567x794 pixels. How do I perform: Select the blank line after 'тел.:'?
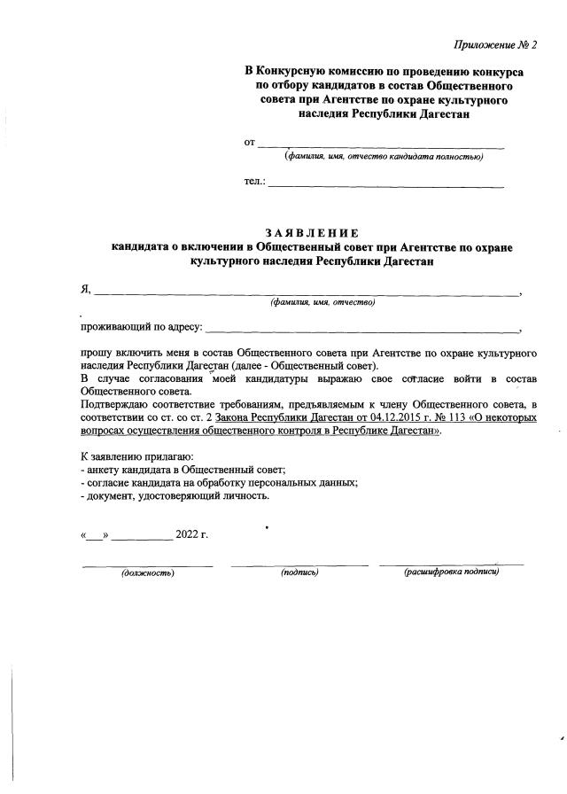[386, 186]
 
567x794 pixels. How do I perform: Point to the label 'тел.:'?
[255, 182]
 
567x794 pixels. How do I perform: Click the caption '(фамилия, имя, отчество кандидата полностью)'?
[383, 157]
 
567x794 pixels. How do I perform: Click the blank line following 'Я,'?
[307, 292]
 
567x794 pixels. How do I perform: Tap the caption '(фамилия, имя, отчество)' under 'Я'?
[323, 302]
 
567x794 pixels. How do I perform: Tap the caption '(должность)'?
[147, 572]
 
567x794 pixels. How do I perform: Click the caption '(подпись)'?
[299, 572]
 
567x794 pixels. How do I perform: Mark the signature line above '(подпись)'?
[299, 564]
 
